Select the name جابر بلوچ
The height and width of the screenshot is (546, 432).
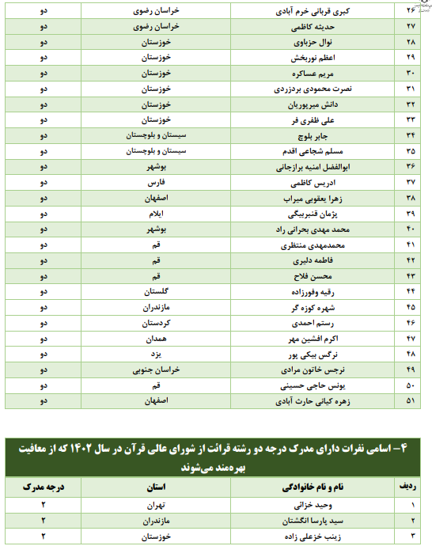[x=306, y=136]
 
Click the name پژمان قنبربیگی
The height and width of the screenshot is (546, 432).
[x=306, y=214]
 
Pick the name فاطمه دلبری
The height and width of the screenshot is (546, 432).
[x=306, y=260]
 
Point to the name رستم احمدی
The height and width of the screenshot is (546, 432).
[x=306, y=322]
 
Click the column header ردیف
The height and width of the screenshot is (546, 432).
[x=410, y=484]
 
